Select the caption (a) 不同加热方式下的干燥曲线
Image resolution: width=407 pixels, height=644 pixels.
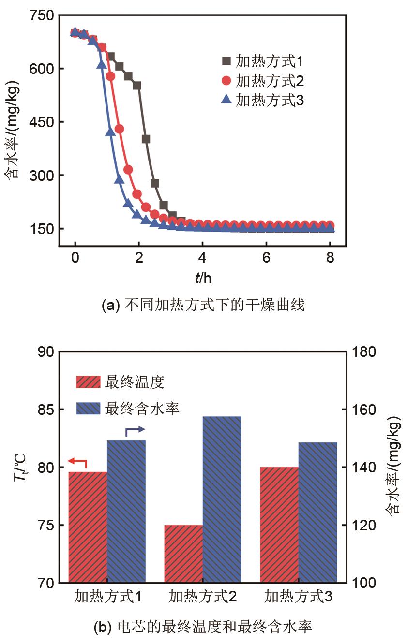(203, 306)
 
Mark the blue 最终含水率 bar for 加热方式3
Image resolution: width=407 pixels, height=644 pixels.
(317, 512)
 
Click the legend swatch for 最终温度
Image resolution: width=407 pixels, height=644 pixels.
(88, 382)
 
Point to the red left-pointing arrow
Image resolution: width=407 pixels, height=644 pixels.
(77, 462)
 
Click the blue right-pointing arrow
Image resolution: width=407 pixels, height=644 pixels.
(135, 430)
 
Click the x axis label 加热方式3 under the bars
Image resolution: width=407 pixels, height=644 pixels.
(298, 597)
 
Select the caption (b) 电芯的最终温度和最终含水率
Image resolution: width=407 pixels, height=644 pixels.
(203, 628)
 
